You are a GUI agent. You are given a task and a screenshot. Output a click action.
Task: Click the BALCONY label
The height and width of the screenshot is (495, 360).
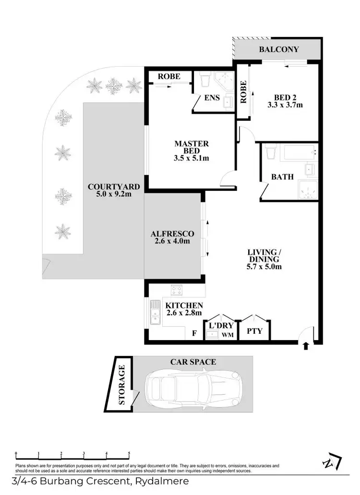coord(279,49)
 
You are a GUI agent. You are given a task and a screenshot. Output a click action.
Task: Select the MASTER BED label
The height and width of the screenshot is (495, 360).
coord(191,147)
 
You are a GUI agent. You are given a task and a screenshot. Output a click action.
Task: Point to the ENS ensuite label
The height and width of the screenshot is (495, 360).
coord(212,98)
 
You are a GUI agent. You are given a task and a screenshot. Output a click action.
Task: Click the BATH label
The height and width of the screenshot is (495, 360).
coord(282,177)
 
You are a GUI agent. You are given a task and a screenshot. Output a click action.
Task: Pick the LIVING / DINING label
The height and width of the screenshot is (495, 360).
coord(262,256)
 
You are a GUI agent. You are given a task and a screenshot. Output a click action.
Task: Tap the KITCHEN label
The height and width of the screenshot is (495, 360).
coord(184,306)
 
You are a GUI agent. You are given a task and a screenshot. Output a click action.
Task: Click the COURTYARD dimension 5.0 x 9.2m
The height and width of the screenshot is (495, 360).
coord(114,195)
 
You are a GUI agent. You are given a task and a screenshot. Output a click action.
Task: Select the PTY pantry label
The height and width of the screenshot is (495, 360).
coord(254,330)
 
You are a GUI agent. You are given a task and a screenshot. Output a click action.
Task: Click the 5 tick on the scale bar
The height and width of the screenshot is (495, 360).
coord(129,453)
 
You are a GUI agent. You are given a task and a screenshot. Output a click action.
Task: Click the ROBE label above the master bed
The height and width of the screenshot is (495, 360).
coord(169,76)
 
